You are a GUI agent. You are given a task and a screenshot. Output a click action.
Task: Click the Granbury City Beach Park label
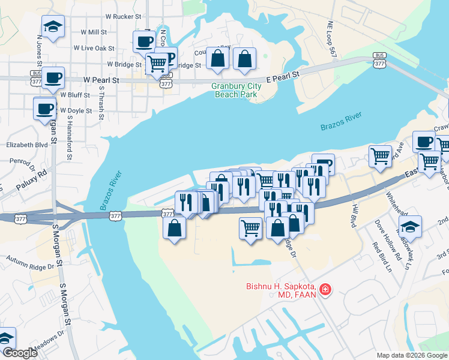point(235,90)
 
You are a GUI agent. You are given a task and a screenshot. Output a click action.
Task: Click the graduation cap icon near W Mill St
point(53,26)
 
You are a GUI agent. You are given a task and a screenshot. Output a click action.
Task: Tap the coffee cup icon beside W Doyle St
point(45,109)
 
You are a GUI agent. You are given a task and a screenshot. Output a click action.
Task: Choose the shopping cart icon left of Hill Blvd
point(380,156)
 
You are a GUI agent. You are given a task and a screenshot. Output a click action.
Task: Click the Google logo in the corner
point(20,353)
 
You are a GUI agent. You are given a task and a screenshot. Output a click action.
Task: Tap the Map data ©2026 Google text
point(412,355)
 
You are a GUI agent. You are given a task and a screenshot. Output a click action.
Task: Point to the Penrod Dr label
point(20,162)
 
